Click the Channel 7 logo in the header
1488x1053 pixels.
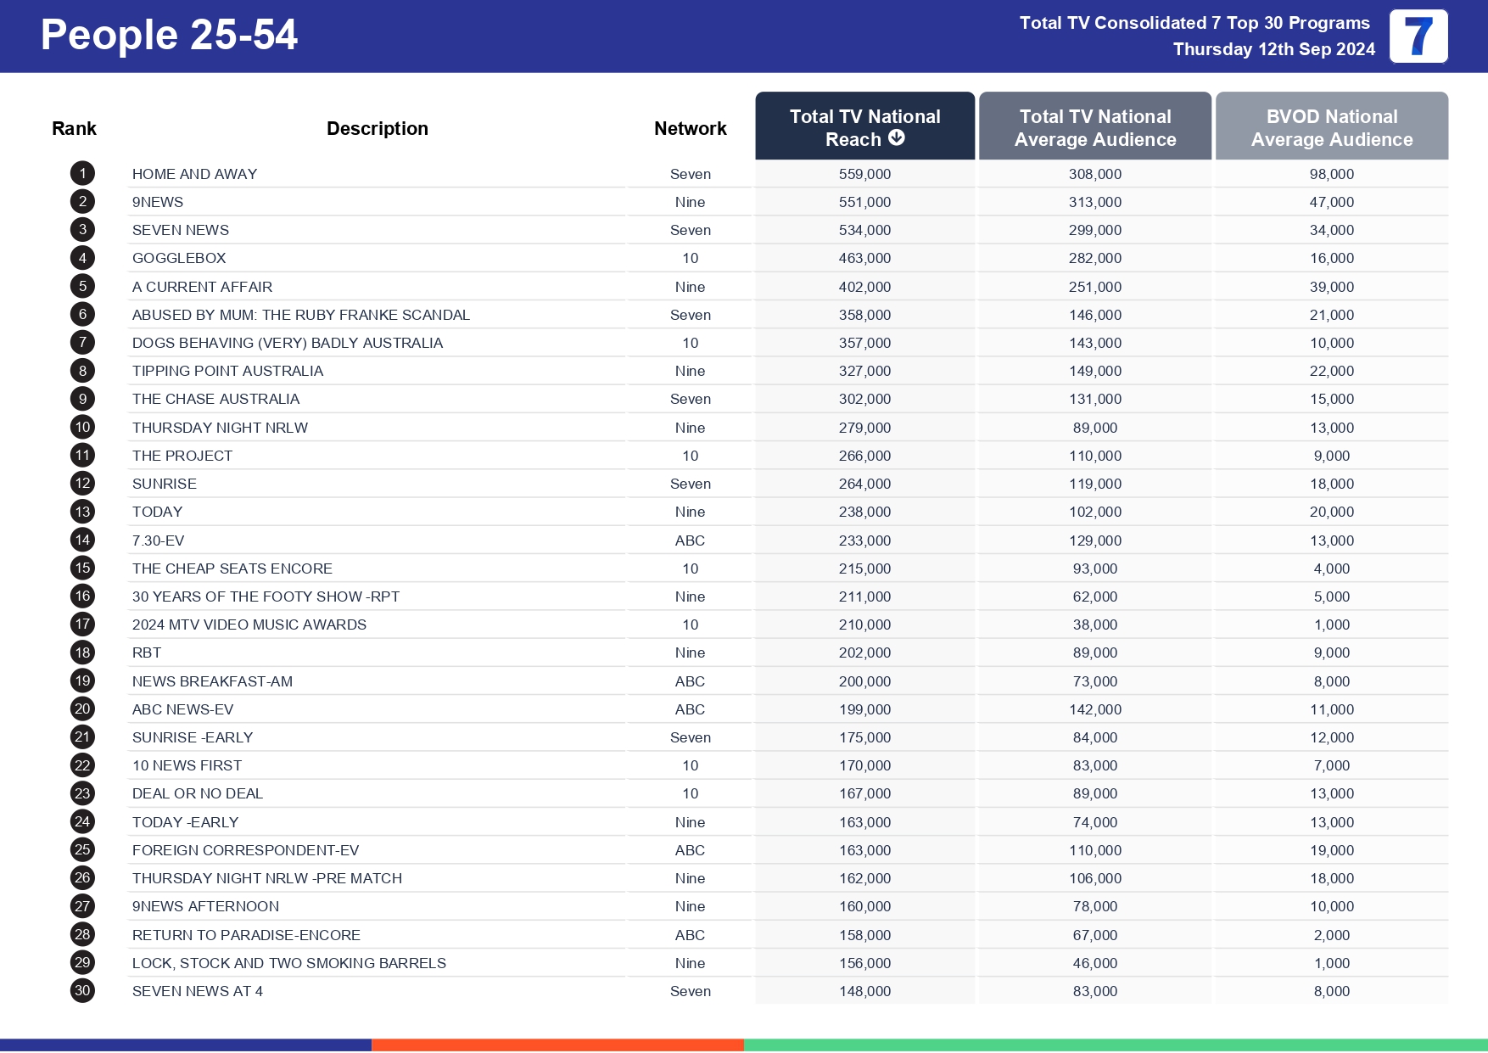(x=1418, y=36)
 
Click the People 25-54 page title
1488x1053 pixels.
(x=169, y=36)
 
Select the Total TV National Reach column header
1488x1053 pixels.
(x=864, y=126)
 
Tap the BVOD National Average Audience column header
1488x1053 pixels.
(x=1331, y=126)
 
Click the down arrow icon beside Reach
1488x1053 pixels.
(x=897, y=138)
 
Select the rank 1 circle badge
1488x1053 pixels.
(x=82, y=174)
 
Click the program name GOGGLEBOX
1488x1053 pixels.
(x=179, y=258)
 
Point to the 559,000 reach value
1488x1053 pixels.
(x=864, y=174)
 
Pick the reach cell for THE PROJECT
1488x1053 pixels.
(x=864, y=456)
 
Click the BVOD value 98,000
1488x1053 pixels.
(x=1331, y=174)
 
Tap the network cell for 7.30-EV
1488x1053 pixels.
(x=690, y=541)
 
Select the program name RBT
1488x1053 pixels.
(x=147, y=653)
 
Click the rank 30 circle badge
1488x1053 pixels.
(x=82, y=990)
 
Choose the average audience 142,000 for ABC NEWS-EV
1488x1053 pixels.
(x=1094, y=709)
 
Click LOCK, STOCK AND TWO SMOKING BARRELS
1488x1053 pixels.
(x=288, y=963)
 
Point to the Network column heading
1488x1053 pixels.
(x=690, y=128)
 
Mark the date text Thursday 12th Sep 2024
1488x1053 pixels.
(x=1273, y=49)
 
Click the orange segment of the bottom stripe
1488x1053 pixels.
(x=557, y=1045)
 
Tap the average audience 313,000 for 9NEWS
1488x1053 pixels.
(x=1094, y=202)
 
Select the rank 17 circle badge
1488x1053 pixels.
(x=82, y=625)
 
